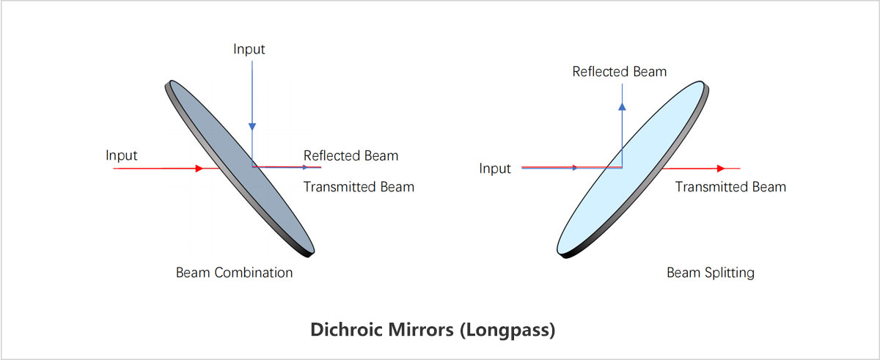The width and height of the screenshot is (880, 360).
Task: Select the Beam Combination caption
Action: click(x=234, y=273)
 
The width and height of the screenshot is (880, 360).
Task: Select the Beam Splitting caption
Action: click(x=710, y=273)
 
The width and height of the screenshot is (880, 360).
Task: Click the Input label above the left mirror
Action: click(x=249, y=50)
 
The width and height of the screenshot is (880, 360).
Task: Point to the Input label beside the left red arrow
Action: click(x=122, y=155)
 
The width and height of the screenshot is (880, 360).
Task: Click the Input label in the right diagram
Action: click(x=495, y=169)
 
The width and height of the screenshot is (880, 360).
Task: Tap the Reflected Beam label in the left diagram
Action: click(x=351, y=155)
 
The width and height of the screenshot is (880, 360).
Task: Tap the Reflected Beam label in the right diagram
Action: click(x=620, y=71)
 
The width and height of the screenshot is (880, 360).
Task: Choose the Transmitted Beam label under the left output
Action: click(x=359, y=187)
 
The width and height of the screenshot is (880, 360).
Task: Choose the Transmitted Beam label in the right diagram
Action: click(x=730, y=187)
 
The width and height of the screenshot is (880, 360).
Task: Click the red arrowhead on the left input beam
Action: click(x=199, y=168)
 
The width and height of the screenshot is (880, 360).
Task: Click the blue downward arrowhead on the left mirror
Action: click(x=252, y=126)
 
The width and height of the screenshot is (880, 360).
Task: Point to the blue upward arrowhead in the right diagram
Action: click(x=622, y=106)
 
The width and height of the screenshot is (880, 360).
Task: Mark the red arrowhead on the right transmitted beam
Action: click(x=721, y=168)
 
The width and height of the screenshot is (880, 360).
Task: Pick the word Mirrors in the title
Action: click(x=419, y=330)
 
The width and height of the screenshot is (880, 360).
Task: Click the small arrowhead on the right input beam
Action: click(x=575, y=168)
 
